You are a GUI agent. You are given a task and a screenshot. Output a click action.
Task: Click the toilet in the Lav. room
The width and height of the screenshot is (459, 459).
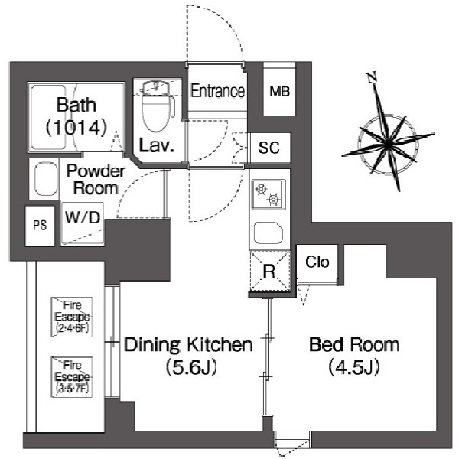(158, 106)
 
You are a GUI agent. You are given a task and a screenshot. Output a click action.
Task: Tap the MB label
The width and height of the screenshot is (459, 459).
(279, 92)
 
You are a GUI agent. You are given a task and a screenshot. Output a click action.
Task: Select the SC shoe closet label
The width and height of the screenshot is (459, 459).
(269, 148)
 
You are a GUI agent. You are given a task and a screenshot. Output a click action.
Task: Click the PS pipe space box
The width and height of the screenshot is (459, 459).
(40, 226)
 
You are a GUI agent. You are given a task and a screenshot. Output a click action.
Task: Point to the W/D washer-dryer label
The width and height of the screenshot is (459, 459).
(83, 217)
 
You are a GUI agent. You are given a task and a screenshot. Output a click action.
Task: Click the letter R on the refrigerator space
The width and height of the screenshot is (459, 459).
(269, 272)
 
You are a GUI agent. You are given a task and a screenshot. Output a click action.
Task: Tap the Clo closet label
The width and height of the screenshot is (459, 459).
(317, 262)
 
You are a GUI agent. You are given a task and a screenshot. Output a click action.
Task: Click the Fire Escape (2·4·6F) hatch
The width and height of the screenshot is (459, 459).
(72, 317)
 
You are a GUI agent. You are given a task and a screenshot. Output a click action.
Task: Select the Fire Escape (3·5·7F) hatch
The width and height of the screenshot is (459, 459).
(72, 377)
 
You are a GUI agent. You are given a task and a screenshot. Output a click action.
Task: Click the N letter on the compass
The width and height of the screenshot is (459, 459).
(372, 77)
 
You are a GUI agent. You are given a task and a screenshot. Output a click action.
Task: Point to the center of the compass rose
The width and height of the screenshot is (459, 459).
(388, 145)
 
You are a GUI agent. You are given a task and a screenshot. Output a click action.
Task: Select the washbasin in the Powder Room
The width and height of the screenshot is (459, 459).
(46, 179)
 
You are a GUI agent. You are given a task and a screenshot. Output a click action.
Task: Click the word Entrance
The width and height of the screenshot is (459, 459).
(217, 91)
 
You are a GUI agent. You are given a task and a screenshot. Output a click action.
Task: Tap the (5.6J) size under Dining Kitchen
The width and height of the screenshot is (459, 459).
(191, 367)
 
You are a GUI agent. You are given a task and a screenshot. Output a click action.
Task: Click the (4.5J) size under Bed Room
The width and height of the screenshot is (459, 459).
(354, 367)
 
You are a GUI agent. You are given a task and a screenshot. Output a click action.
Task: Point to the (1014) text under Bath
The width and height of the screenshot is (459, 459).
(76, 128)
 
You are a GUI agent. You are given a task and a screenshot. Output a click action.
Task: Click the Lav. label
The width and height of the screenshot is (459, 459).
(157, 145)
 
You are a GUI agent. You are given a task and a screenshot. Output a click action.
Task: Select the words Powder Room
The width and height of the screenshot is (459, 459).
(96, 180)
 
